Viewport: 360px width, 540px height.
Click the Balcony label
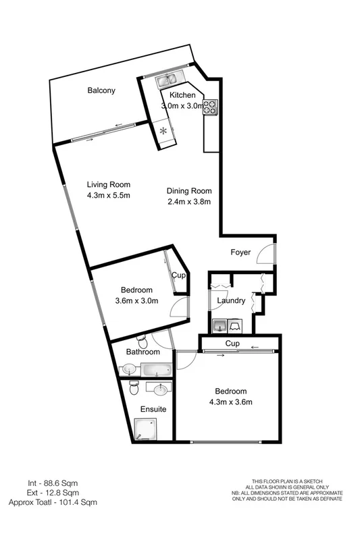point(101,90)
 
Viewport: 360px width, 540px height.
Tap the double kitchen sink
point(166,82)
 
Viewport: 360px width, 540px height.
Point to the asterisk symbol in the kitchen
point(163,130)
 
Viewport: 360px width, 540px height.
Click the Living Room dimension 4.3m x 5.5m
point(108,196)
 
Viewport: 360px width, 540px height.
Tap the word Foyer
point(240,252)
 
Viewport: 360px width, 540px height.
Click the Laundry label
point(230,301)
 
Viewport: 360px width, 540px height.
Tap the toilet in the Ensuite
point(134,389)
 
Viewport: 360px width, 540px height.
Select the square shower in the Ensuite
point(145,429)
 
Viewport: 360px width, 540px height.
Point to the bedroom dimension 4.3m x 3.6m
point(230,403)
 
